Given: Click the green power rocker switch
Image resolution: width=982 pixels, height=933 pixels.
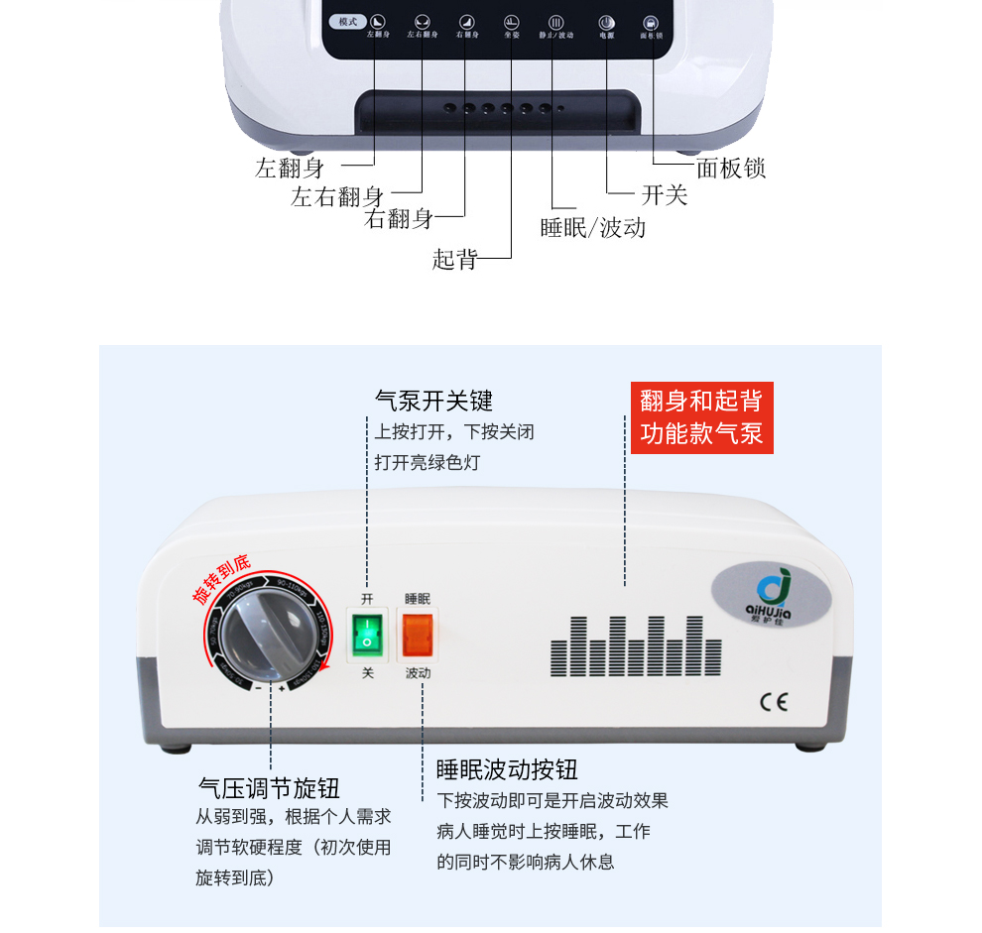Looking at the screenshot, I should [x=366, y=634].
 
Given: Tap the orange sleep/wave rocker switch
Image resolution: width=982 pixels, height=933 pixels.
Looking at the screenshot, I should [x=418, y=634].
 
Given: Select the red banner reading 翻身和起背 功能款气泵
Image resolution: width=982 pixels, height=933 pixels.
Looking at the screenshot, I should [x=701, y=417].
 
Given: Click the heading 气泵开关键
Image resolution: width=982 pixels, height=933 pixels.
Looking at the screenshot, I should [x=433, y=401].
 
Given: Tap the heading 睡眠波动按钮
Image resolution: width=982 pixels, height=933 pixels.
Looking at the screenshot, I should [x=507, y=769].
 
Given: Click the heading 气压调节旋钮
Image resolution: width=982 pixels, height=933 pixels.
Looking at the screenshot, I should [x=269, y=788].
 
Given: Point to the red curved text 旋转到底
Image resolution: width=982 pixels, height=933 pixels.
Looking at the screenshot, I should [x=221, y=579].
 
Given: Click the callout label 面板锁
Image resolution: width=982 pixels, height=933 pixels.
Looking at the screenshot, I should [x=731, y=169].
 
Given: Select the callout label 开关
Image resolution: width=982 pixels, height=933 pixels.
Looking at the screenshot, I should [x=664, y=195].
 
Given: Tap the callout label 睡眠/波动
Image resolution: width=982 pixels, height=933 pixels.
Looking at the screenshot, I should [x=592, y=228].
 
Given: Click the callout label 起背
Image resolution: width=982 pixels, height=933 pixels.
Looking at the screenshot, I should [x=455, y=260].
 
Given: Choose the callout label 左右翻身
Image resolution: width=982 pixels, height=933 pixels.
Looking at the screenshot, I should [x=337, y=196].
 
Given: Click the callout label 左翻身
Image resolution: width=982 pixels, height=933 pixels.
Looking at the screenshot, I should [x=290, y=169].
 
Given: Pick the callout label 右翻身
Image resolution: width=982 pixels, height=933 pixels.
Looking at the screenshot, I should [x=399, y=220].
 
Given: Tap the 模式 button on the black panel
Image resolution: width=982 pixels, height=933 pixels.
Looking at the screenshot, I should [x=348, y=22].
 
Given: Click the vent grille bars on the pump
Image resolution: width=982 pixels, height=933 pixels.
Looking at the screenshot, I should [x=636, y=645].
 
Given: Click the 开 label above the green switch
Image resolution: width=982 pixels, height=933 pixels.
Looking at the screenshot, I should [x=366, y=599].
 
